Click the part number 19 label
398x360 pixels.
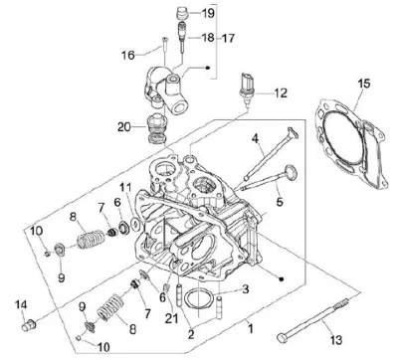[x=208, y=13]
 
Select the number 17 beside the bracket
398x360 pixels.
[x=228, y=38]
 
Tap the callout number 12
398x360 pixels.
[x=281, y=92]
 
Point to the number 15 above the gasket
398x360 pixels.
[x=364, y=84]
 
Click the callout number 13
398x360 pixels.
[x=336, y=340]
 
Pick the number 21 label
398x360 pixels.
[x=172, y=319]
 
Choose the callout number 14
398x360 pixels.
[x=21, y=305]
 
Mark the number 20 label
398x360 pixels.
[x=124, y=127]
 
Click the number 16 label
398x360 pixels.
[x=128, y=55]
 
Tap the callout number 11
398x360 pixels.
[x=125, y=188]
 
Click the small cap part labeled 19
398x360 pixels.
[x=182, y=13]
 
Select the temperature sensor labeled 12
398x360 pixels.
[x=247, y=89]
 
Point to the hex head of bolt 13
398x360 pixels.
[x=282, y=338]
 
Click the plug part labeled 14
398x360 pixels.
[x=28, y=324]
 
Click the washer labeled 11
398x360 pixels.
[x=135, y=224]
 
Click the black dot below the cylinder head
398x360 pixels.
[x=282, y=278]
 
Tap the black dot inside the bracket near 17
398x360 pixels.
[x=208, y=68]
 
